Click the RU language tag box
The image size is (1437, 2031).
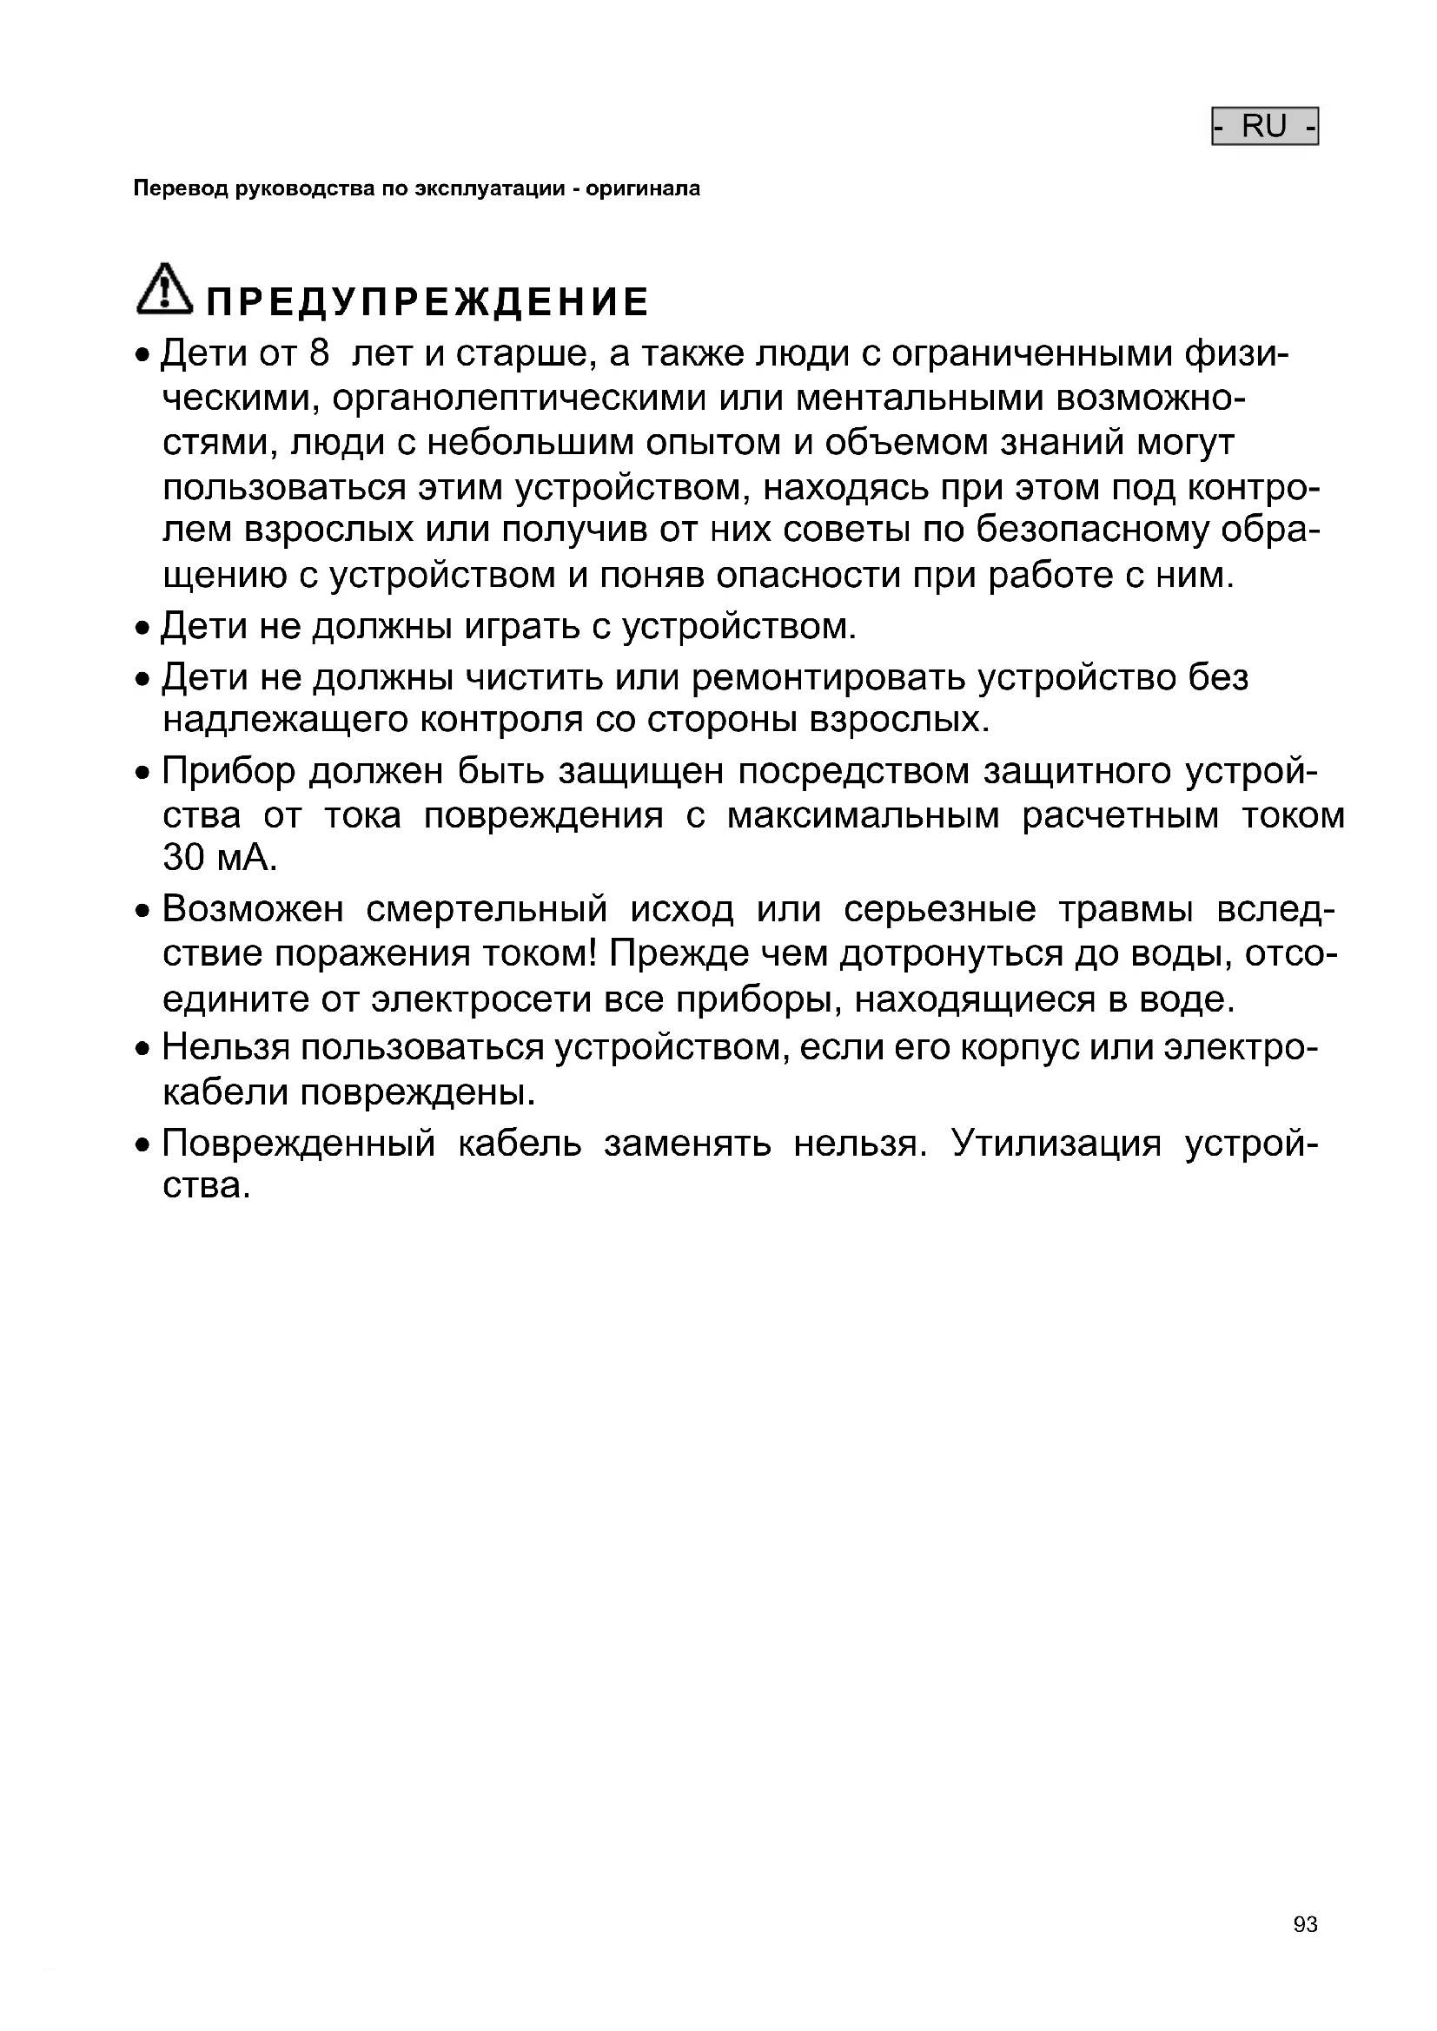(1264, 127)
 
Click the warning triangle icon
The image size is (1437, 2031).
(163, 289)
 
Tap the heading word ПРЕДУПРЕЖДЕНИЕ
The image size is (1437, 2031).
(427, 302)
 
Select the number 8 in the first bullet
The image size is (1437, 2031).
(320, 353)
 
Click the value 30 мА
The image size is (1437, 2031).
(220, 857)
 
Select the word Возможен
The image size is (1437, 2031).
(252, 908)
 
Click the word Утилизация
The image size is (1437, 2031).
(1056, 1143)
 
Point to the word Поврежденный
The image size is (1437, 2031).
(299, 1143)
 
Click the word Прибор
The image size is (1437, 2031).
(225, 771)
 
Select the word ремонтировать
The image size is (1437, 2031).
(829, 677)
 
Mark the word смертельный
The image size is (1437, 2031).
(487, 908)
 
